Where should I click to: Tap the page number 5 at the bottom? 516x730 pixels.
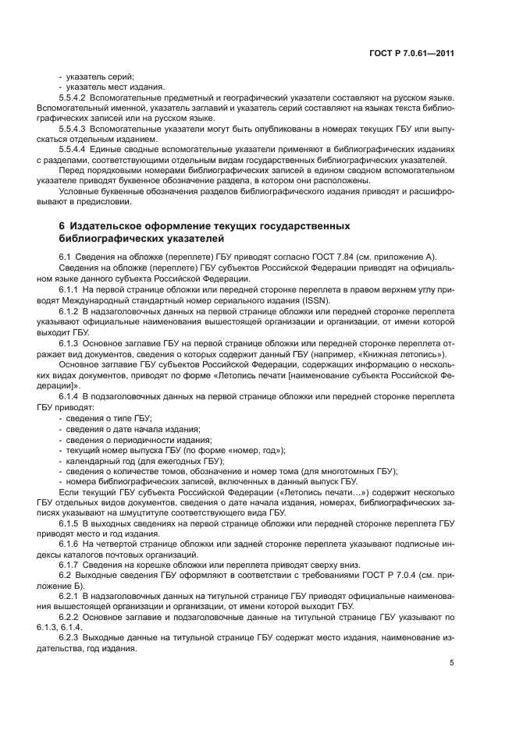click(452, 663)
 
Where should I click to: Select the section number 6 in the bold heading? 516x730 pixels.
click(62, 225)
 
